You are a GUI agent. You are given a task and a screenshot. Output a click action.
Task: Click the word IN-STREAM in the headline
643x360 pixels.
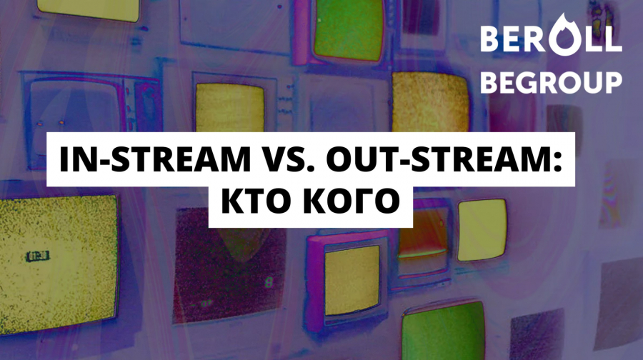tap(155, 159)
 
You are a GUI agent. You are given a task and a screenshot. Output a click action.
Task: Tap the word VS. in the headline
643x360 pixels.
tap(289, 159)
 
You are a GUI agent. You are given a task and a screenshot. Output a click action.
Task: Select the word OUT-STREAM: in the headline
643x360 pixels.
tap(444, 159)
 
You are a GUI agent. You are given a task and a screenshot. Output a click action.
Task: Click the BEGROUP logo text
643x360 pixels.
tap(551, 82)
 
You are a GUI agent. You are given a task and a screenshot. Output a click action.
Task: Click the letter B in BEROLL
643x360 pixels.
tap(489, 39)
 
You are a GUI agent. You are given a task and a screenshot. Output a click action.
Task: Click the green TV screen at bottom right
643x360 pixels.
tap(444, 331)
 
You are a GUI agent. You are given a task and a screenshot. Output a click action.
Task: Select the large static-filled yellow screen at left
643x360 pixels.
tap(59, 264)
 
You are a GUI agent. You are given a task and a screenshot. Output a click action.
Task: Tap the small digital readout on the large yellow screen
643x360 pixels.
tap(38, 256)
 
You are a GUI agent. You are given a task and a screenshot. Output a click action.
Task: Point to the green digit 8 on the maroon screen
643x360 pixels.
tap(269, 283)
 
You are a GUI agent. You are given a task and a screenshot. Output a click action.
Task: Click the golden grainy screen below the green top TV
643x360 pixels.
tap(430, 101)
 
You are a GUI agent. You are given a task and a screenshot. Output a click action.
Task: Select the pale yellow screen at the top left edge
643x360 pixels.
tap(89, 9)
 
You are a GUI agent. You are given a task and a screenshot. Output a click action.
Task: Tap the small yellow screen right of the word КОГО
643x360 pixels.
tap(482, 229)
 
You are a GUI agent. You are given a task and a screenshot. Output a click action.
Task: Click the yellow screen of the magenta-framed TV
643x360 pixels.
tap(353, 279)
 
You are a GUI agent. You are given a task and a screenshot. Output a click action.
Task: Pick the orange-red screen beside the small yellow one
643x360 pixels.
tap(422, 234)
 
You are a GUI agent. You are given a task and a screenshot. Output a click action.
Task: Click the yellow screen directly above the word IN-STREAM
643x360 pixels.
tap(229, 107)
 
